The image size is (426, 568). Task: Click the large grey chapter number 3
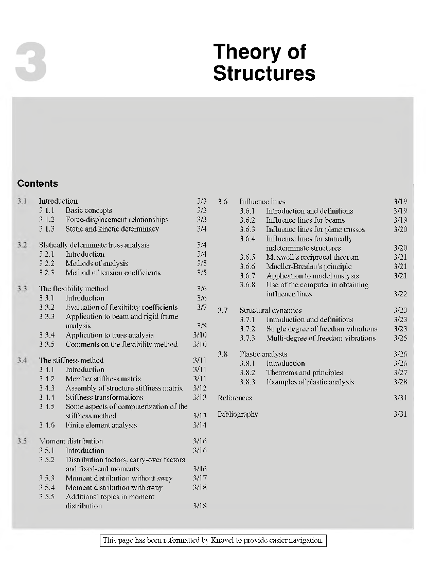click(31, 63)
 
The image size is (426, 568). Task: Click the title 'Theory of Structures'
click(264, 62)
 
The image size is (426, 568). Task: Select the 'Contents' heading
click(38, 184)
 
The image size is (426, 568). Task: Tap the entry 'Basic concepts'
click(88, 210)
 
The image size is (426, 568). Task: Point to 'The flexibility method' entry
click(74, 289)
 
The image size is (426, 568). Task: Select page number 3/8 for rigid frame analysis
click(202, 326)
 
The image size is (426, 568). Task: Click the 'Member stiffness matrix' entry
click(103, 379)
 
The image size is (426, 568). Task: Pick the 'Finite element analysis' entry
click(101, 425)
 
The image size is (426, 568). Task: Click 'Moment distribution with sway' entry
click(114, 487)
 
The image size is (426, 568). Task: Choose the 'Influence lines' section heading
click(262, 201)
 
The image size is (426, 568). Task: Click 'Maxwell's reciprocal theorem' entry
click(312, 257)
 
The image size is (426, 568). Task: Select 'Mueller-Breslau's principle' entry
click(309, 267)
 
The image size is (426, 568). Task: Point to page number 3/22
click(400, 294)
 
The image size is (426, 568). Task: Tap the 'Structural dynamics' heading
click(271, 310)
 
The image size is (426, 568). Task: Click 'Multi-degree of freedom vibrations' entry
click(321, 338)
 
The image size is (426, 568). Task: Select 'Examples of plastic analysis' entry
click(310, 382)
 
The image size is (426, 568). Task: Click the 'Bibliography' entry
click(238, 414)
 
